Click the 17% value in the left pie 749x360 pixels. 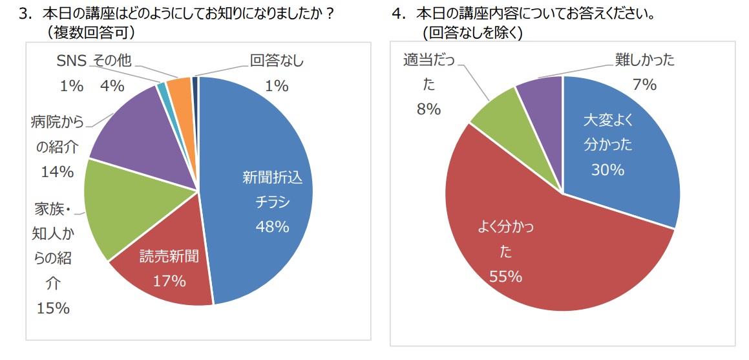169,281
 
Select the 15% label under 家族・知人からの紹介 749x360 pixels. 53,308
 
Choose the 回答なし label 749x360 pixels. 277,61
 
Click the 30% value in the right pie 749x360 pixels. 607,170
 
